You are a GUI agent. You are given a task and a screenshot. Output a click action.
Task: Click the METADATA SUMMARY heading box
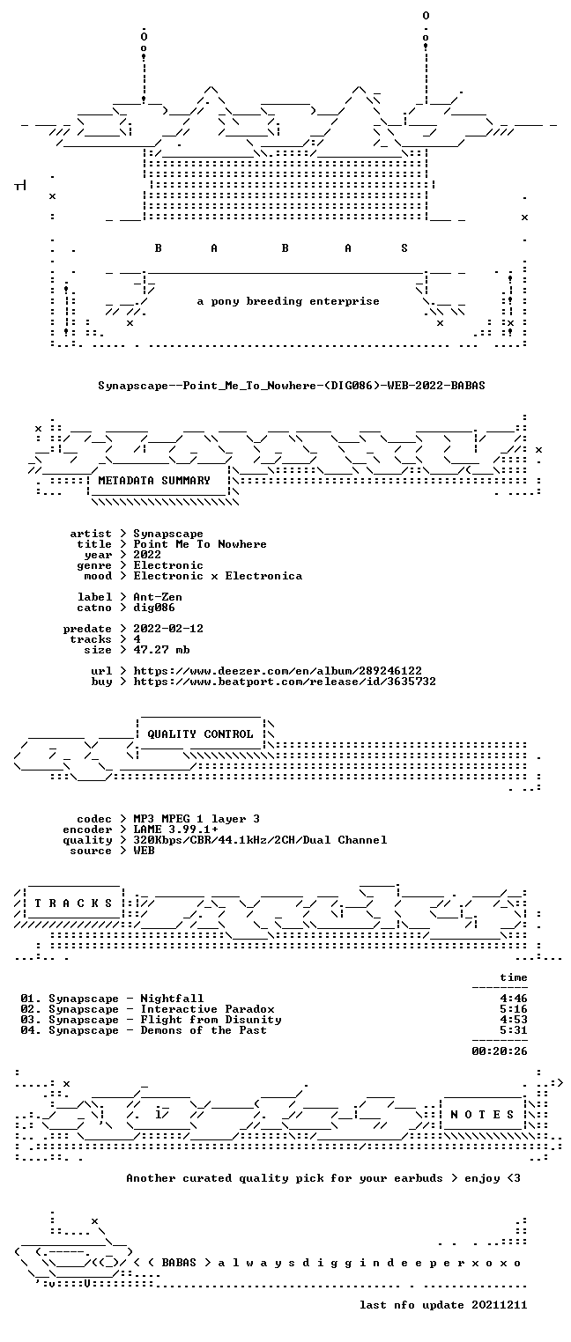[x=159, y=481]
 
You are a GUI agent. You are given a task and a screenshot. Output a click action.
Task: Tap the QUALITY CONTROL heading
[x=200, y=734]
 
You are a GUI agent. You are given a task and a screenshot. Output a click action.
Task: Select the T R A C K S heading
[x=73, y=903]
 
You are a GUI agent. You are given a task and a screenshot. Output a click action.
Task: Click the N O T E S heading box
[x=482, y=1114]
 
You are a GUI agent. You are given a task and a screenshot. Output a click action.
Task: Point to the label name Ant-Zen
[x=158, y=597]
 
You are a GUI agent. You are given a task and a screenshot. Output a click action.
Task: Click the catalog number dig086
[x=154, y=608]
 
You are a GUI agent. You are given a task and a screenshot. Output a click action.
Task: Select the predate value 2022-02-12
[x=168, y=629]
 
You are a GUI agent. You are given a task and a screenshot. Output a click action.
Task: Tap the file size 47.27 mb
[x=161, y=650]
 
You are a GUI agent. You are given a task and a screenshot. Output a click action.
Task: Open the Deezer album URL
[x=278, y=671]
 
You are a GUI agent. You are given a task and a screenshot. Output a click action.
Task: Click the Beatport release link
[x=285, y=682]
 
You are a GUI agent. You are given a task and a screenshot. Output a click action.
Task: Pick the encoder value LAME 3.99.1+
[x=175, y=830]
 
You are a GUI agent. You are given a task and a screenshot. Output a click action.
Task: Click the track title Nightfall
[x=172, y=999]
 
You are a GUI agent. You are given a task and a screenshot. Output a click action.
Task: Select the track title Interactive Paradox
[x=208, y=1009]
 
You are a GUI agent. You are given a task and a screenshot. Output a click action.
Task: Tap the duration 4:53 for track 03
[x=514, y=1020]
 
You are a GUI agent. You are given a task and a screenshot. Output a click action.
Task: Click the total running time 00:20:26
[x=500, y=1051]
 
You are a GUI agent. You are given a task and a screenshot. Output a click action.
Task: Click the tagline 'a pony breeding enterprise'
[x=288, y=301]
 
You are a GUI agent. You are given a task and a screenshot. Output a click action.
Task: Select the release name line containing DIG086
[x=292, y=386]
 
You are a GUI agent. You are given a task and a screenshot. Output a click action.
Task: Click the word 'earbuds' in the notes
[x=419, y=1178]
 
